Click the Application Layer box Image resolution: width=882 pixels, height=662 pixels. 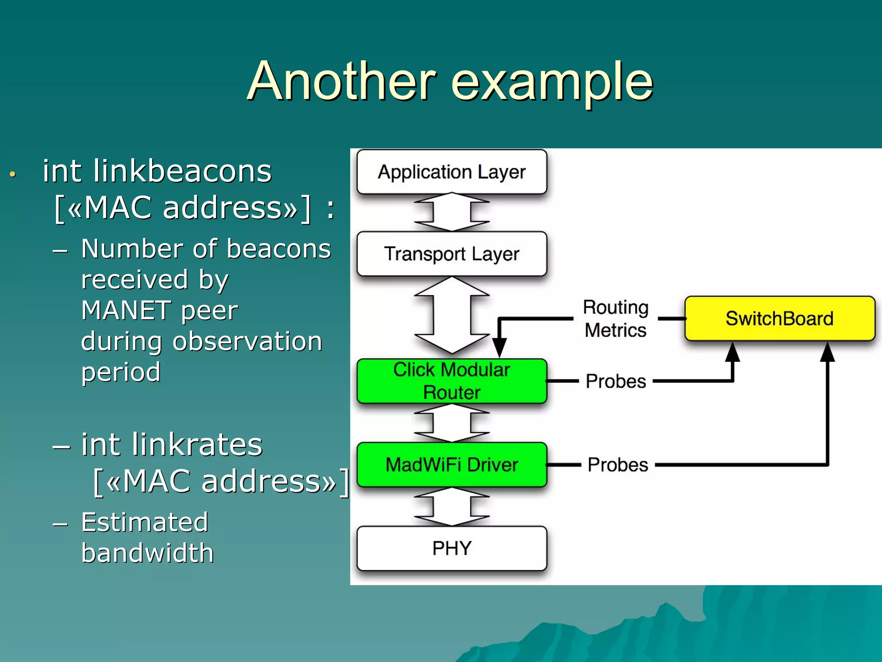pos(452,172)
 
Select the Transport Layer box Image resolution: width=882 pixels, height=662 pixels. pos(452,253)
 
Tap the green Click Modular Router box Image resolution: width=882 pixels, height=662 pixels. pos(452,381)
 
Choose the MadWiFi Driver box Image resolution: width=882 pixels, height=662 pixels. pos(452,465)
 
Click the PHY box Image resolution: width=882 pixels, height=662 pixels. pos(452,548)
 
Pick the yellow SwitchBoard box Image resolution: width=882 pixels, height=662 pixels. pos(780,319)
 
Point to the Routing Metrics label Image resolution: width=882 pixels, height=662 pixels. pos(615,319)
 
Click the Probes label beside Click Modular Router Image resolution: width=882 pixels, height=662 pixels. pos(616,381)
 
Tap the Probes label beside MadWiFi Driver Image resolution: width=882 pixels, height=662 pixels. pos(618,465)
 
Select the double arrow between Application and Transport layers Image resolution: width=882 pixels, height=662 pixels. pos(452,212)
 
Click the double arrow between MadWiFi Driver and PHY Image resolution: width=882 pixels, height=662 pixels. pos(452,507)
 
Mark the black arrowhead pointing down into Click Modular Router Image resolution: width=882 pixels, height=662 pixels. pos(499,347)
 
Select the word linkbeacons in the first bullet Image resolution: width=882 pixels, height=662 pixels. pos(182,171)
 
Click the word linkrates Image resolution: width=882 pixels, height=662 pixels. pos(197,444)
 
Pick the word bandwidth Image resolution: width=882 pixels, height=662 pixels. pos(147,553)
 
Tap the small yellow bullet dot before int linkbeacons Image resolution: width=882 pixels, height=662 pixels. pos(13,174)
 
